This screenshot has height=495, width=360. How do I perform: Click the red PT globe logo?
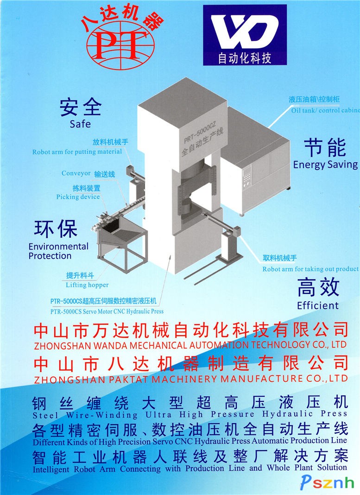tap(121, 44)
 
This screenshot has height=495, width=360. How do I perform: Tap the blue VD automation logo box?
tap(245, 35)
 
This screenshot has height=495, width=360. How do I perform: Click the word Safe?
tap(80, 124)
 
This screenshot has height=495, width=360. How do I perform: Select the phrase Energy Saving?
tap(326, 165)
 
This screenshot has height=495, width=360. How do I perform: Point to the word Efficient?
tap(318, 305)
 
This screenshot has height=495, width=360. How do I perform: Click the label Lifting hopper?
tap(87, 285)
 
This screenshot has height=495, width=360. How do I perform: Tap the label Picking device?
tap(78, 197)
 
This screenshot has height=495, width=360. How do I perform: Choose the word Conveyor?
tap(76, 173)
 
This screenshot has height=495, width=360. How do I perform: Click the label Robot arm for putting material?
tap(77, 152)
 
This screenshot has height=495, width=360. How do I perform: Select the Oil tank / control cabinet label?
tap(325, 110)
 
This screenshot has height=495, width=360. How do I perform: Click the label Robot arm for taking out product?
tap(310, 269)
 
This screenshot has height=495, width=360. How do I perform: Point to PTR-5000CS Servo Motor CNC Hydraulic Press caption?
tap(107, 311)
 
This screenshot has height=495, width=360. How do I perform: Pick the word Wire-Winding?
tap(102, 414)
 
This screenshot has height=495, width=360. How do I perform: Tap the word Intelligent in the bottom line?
tap(51, 470)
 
